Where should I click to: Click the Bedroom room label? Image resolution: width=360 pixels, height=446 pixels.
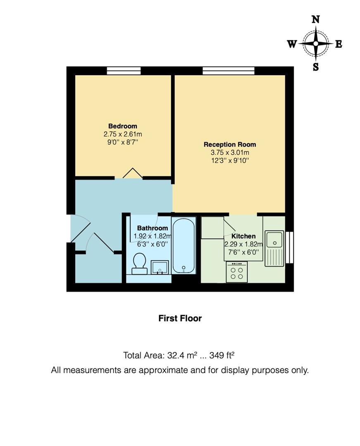(122, 126)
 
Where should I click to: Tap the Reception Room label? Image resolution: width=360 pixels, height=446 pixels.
(230, 145)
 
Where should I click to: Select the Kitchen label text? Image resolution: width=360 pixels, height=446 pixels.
(243, 236)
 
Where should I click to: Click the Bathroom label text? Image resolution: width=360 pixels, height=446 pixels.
(153, 228)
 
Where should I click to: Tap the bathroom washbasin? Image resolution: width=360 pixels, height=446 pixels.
(160, 267)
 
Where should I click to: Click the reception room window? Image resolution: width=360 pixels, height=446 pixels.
(228, 71)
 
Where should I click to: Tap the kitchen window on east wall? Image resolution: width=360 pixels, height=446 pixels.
(289, 247)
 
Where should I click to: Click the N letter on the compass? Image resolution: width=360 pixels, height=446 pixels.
(316, 19)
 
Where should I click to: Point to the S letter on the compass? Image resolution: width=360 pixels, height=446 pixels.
(316, 67)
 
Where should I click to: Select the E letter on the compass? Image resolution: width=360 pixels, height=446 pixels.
(339, 44)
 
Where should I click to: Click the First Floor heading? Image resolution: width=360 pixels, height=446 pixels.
(180, 318)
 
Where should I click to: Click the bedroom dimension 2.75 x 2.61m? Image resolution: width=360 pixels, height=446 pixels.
(123, 134)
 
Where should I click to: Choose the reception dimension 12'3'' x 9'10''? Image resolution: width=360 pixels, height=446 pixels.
(230, 160)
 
